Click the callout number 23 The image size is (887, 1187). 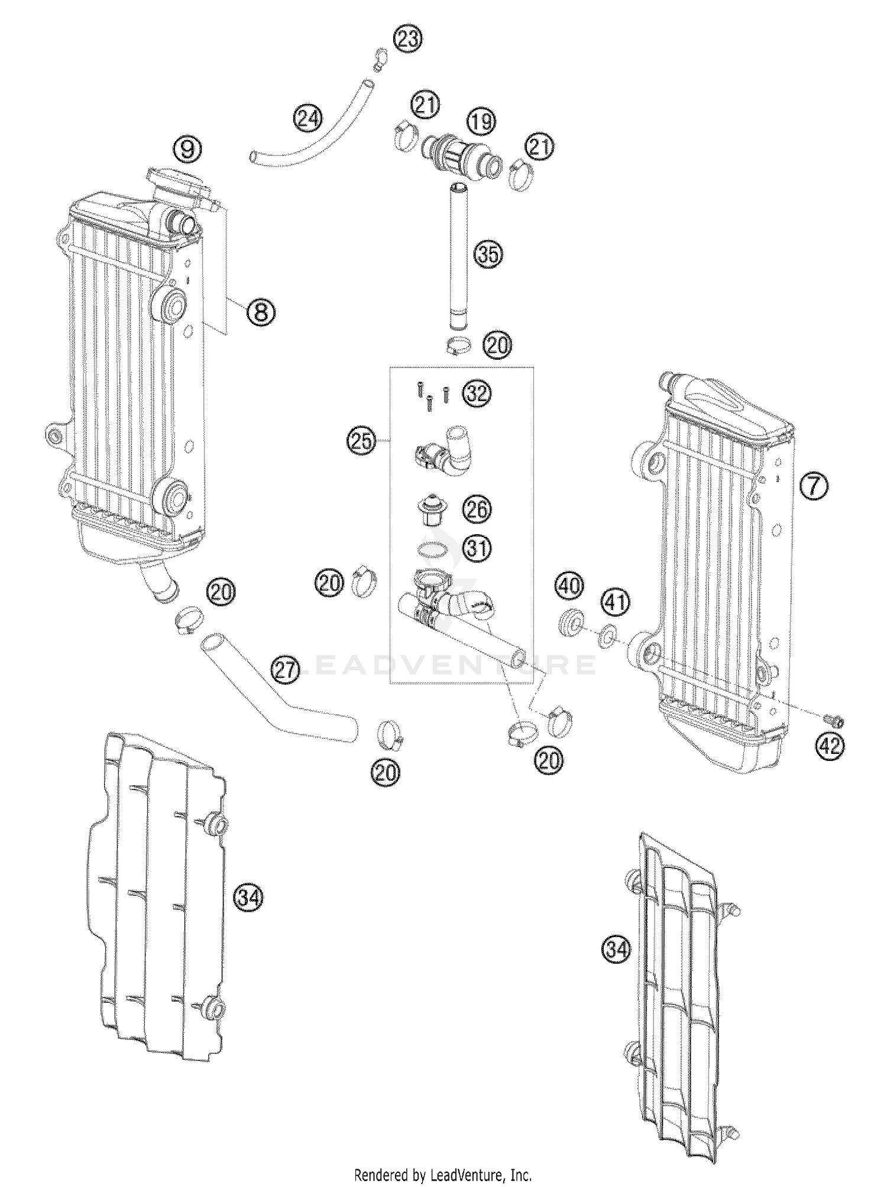[407, 40]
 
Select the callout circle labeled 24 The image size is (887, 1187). [308, 119]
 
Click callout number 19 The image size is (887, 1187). [481, 122]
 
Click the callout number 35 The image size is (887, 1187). [488, 255]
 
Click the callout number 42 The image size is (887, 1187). [830, 746]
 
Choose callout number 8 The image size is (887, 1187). [261, 311]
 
